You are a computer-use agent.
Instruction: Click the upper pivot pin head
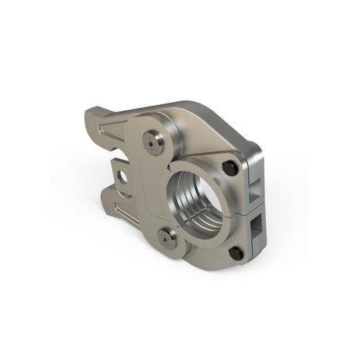click(151, 140)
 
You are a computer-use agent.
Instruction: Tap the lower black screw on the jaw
click(234, 253)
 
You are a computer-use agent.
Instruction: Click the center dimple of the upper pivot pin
click(151, 140)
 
